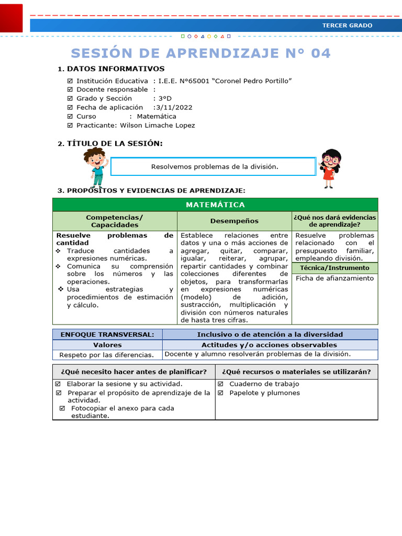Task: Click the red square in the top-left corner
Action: [11, 18]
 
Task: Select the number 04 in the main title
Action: [321, 53]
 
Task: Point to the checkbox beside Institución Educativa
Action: [70, 81]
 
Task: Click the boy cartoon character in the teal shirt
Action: [96, 167]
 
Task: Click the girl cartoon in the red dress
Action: [330, 168]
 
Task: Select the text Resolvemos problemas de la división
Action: [215, 166]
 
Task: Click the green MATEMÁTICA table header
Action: [215, 205]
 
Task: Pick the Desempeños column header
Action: [234, 221]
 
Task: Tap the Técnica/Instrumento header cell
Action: [334, 268]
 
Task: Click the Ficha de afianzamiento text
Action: [334, 278]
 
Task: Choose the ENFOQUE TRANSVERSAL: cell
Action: [107, 334]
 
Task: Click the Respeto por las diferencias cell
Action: [107, 355]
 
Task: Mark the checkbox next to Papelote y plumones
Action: [221, 393]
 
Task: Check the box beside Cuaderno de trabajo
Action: [221, 384]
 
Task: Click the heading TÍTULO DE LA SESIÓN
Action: [114, 143]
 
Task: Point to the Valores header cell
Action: [107, 345]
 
